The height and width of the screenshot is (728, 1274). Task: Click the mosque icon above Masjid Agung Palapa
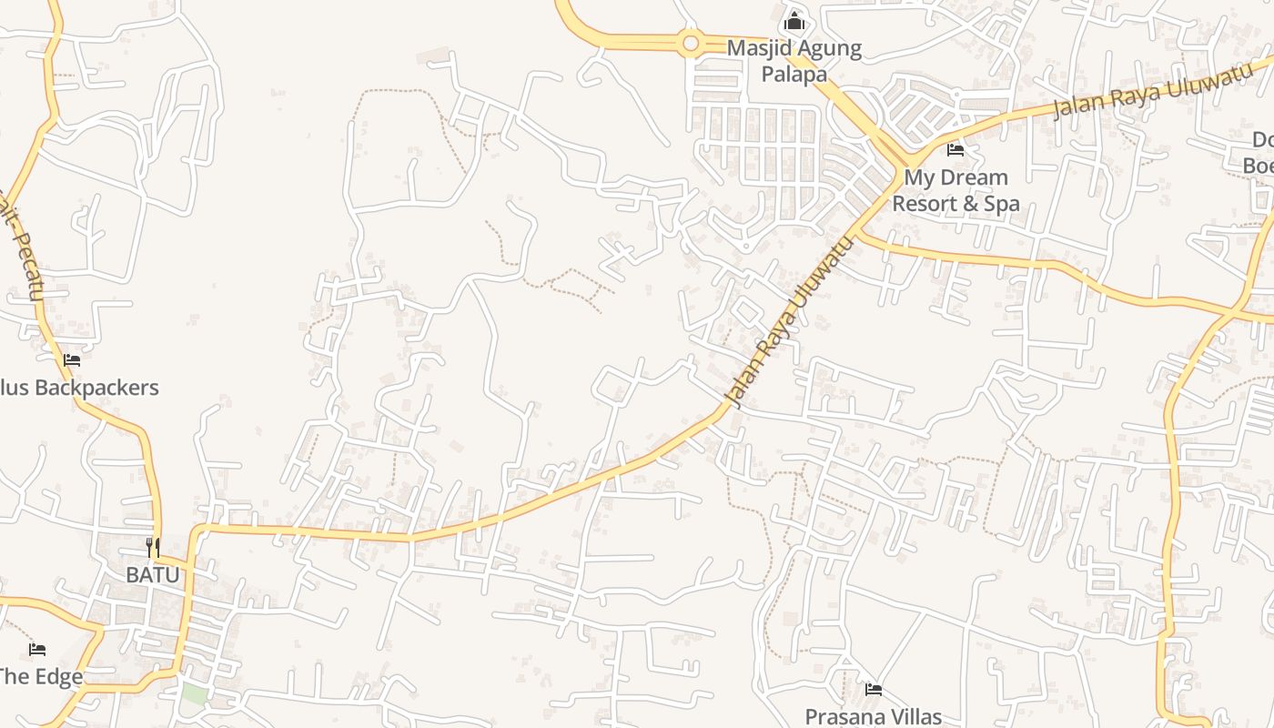794,20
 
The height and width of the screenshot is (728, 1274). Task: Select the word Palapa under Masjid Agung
794,74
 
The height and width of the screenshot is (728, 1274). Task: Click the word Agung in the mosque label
830,48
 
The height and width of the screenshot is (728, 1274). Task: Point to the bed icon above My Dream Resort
955,149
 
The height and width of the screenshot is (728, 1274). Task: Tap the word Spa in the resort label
1001,204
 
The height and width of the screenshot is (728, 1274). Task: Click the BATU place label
152,575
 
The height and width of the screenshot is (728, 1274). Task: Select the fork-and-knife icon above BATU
153,547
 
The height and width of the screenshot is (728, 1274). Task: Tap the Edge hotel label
41,677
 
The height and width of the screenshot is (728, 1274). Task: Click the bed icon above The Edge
36,649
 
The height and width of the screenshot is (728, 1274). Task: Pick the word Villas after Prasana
911,717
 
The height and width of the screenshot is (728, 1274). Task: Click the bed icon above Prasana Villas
874,689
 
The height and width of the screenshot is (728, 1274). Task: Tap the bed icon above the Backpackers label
72,360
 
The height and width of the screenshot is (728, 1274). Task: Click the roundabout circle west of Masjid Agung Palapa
691,42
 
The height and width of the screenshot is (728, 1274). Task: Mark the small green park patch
193,693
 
